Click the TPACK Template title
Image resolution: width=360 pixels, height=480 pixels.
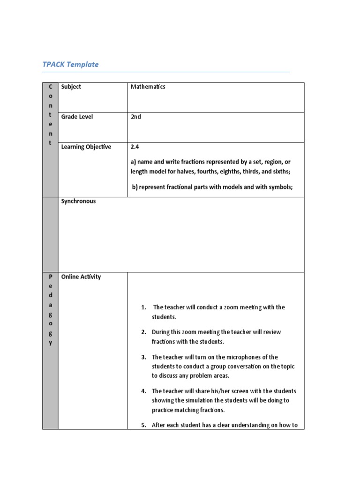(70, 64)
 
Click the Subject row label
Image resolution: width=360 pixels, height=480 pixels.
(71, 87)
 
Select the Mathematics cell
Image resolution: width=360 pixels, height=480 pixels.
(148, 87)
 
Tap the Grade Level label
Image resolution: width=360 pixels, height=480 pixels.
(77, 117)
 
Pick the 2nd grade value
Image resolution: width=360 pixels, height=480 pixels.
(135, 117)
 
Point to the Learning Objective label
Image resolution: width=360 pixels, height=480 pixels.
(86, 147)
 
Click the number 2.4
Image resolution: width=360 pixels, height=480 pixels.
(135, 147)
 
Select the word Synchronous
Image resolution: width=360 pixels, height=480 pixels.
(78, 201)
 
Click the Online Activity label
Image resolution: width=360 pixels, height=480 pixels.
(81, 277)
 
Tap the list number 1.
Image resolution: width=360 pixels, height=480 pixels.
(143, 307)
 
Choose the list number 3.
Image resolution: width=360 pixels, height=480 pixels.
(143, 357)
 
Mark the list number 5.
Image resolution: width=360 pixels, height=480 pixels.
(143, 426)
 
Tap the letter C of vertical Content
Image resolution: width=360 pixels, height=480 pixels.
(50, 87)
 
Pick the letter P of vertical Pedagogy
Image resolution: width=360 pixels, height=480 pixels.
(50, 277)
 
